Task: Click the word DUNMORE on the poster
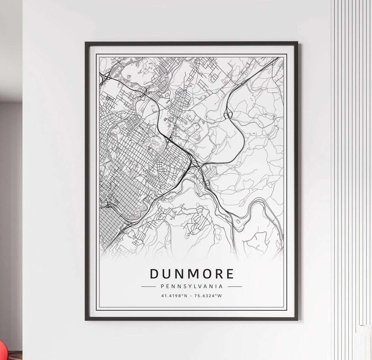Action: coord(192,274)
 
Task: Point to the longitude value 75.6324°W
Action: coord(208,295)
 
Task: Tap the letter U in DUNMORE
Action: coord(167,274)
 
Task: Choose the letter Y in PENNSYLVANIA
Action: coord(189,286)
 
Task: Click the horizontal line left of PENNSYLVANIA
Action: coord(149,286)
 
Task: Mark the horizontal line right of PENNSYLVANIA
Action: coord(235,286)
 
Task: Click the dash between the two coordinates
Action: coord(192,295)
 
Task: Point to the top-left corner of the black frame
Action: coord(86,43)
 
